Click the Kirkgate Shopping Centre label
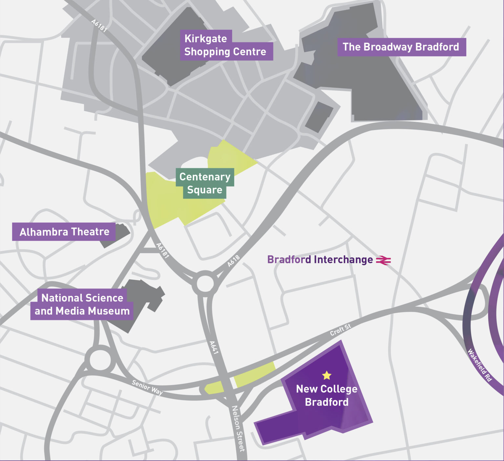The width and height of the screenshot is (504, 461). point(225,45)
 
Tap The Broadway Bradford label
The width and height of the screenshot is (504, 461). point(401,47)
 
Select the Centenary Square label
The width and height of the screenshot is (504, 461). point(205,183)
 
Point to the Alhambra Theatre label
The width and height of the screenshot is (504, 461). point(64,232)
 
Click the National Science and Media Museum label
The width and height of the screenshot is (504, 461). point(82,304)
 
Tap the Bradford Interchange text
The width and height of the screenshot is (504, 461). point(320,260)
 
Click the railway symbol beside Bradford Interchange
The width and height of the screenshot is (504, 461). point(383,260)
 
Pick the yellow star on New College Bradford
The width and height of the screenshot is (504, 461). point(326,375)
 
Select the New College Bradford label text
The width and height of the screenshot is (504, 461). point(326,395)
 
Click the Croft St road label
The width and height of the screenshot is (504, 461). point(340,329)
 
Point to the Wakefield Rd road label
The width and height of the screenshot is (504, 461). point(479,365)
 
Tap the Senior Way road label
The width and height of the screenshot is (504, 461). point(147,387)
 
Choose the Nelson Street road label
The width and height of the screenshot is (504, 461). point(239,429)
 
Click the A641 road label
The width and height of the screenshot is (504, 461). point(214,347)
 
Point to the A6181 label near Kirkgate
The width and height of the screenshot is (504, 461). point(99,26)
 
